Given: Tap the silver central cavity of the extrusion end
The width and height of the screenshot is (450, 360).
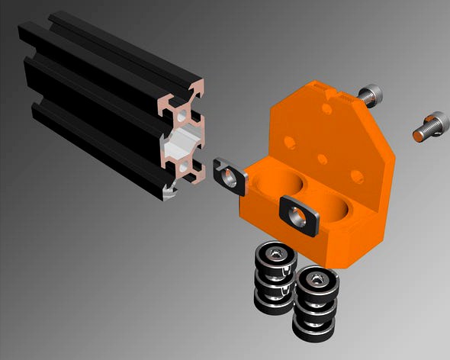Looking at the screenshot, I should pos(183,141).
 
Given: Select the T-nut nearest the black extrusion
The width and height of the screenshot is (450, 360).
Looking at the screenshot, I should pos(228,175).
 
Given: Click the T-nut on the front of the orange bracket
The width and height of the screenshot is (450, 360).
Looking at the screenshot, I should pos(298,216).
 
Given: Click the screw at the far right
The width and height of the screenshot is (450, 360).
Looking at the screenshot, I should pos(431,127).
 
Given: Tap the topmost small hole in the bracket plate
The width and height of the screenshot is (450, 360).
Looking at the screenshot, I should pos(326,109).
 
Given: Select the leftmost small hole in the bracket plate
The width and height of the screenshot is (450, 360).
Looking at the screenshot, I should pos(290,142).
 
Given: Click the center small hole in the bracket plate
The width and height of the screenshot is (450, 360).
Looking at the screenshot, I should pos(323,159).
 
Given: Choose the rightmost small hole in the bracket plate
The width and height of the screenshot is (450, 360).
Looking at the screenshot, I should pos(356,176).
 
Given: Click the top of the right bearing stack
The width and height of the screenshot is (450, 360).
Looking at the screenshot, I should pos(314,276).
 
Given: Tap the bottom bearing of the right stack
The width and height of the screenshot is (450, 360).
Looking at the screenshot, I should pos(313,329).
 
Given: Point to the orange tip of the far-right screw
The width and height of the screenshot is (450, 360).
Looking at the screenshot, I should pos(417,136).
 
